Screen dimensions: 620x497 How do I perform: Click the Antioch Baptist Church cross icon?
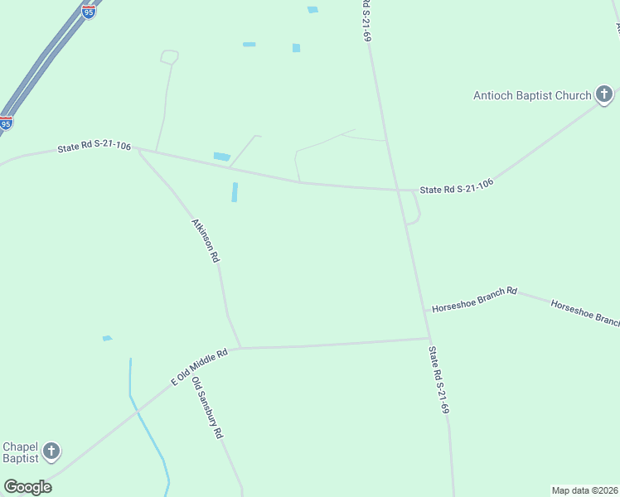(604, 94)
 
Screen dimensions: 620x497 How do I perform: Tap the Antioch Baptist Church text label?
(532, 95)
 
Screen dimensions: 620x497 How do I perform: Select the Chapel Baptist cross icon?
(51, 451)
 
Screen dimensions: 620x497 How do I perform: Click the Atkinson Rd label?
(206, 240)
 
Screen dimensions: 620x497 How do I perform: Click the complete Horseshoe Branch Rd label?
(474, 299)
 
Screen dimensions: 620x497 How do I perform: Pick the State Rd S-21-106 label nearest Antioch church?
(457, 186)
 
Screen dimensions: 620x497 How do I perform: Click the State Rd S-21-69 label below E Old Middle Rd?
(438, 379)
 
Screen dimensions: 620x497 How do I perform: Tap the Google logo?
(27, 487)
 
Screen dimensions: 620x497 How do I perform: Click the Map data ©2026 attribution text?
(584, 490)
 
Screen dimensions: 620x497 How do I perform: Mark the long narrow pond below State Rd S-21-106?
(235, 192)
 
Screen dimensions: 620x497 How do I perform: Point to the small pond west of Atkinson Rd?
(107, 338)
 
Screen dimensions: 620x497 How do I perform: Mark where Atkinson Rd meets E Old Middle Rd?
(240, 348)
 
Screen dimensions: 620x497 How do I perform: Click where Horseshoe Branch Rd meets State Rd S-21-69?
(424, 311)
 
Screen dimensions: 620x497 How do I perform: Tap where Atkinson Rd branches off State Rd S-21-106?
(138, 149)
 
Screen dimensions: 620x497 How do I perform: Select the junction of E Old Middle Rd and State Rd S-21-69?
(429, 338)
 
